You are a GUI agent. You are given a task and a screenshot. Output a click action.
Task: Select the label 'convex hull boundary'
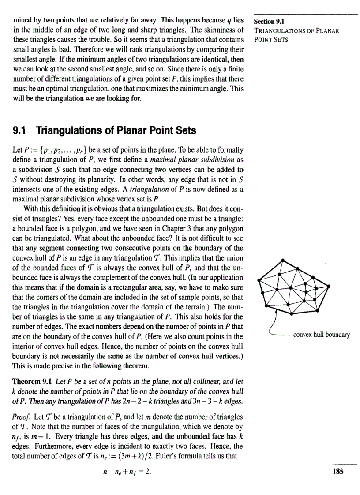pyautogui.click(x=321, y=334)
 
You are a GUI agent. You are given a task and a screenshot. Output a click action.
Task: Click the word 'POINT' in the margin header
pyautogui.click(x=263, y=40)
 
